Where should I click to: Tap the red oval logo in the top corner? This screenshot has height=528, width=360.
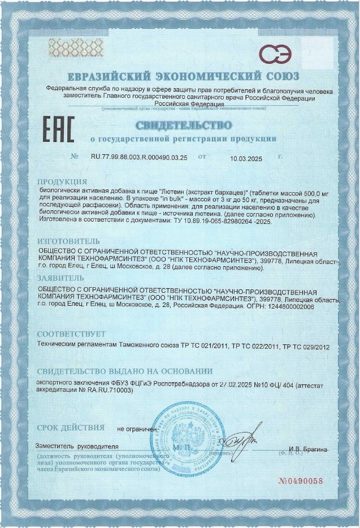pos(275,54)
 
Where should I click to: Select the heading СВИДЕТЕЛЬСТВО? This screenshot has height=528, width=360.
pos(183,124)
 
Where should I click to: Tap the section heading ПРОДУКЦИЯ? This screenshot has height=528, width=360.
pos(62,182)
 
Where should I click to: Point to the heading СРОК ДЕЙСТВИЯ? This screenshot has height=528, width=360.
pos(71,427)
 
